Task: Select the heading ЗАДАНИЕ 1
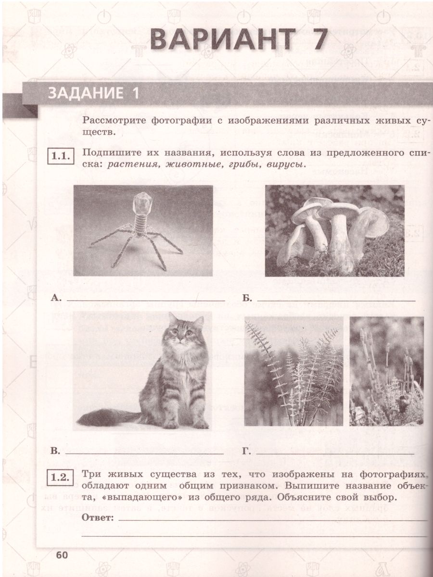point(93,93)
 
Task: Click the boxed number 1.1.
point(61,156)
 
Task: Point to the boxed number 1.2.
point(61,477)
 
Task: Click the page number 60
point(63,555)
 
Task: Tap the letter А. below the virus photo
point(56,299)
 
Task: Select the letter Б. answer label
point(247,299)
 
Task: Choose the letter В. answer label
point(55,451)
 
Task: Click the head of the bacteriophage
point(142,201)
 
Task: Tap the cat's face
point(179,333)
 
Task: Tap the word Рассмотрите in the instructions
point(111,120)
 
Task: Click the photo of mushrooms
point(335,231)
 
